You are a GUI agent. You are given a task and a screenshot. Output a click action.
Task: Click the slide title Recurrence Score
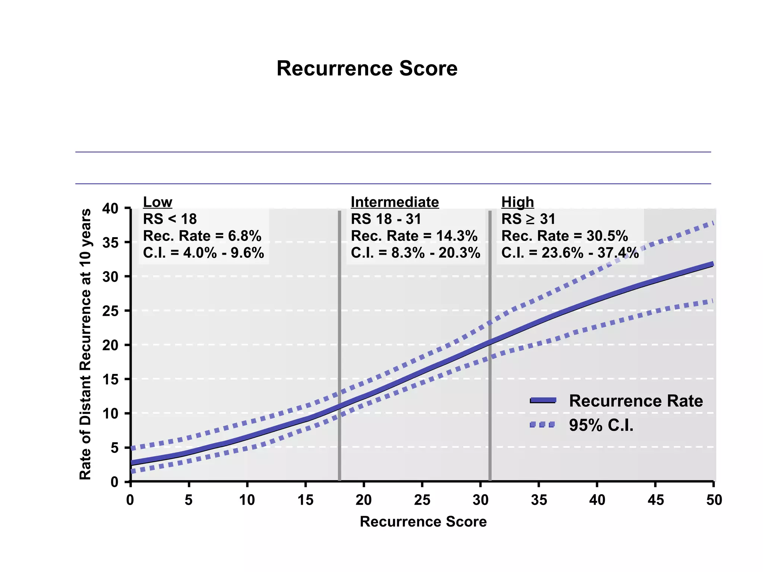367,69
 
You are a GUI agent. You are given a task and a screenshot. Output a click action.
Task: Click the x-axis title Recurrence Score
423,521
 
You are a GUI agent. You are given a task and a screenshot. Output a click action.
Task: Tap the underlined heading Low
158,202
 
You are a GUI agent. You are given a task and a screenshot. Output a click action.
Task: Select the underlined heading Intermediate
395,202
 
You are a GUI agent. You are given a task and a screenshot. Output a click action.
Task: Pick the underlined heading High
517,202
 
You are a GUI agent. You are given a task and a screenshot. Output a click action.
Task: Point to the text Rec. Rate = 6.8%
202,236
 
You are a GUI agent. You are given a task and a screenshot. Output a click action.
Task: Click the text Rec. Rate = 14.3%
414,236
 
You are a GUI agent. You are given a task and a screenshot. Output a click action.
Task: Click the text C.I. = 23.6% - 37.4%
570,253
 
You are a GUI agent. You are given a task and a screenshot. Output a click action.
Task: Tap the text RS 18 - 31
386,219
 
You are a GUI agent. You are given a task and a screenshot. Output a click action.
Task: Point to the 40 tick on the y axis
110,209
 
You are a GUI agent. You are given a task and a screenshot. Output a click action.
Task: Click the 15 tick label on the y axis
110,379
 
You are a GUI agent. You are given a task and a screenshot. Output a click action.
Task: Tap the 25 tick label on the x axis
422,500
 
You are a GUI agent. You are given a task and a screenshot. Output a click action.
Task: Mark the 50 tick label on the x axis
713,500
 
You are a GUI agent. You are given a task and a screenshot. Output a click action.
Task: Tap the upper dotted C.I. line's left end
133,448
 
